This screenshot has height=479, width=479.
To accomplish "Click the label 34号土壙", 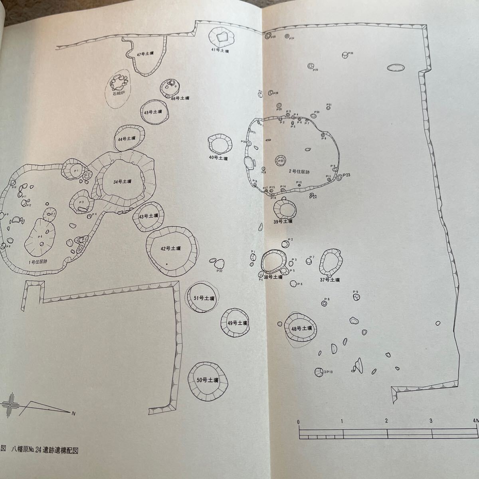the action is (123, 182).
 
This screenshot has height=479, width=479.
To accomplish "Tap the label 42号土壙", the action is (171, 248).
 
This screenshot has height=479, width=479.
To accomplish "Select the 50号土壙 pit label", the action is (208, 380).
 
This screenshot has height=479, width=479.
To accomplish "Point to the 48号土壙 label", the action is (301, 329).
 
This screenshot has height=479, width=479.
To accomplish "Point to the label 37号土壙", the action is (330, 280).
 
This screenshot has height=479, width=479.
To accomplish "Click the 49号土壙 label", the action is (238, 323).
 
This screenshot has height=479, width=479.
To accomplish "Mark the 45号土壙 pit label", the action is (153, 113).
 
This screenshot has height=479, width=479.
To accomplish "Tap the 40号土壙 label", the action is (218, 158).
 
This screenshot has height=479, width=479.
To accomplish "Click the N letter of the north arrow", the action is (73, 413).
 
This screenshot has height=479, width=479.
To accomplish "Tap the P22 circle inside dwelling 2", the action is (281, 161).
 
